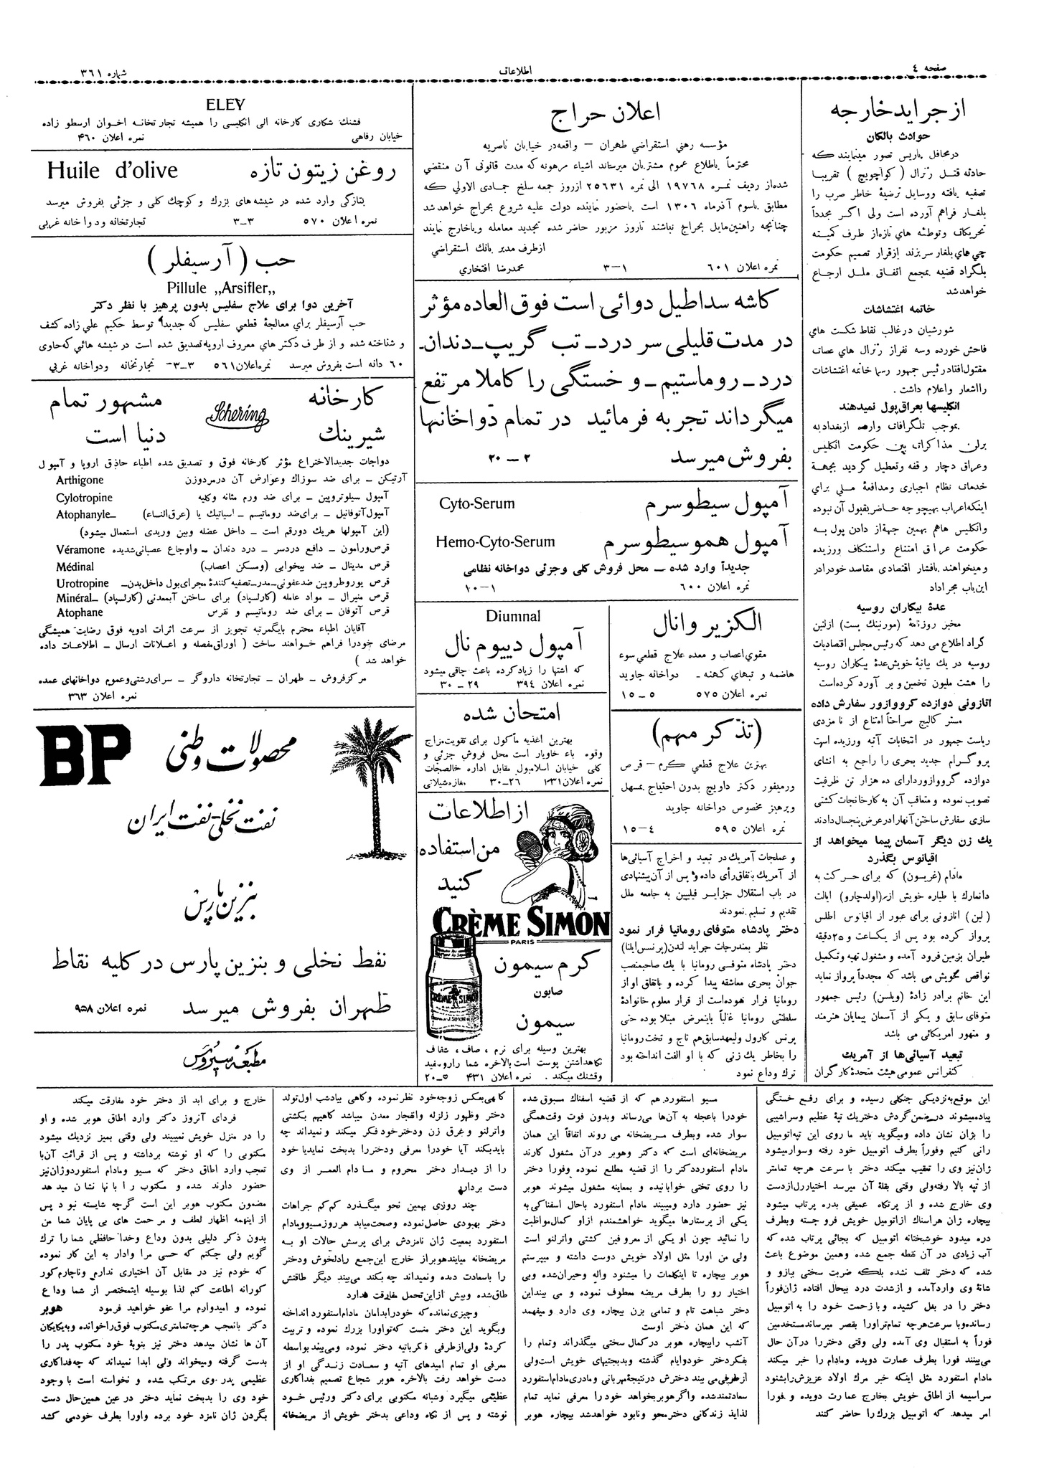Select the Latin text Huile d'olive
pos(113,171)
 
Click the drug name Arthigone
pos(80,480)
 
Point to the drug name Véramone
pos(80,549)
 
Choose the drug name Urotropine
pos(82,584)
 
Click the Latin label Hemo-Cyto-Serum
pos(495,542)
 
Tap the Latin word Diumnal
pos(513,616)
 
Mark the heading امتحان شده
pos(512,712)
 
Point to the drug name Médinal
pos(75,567)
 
